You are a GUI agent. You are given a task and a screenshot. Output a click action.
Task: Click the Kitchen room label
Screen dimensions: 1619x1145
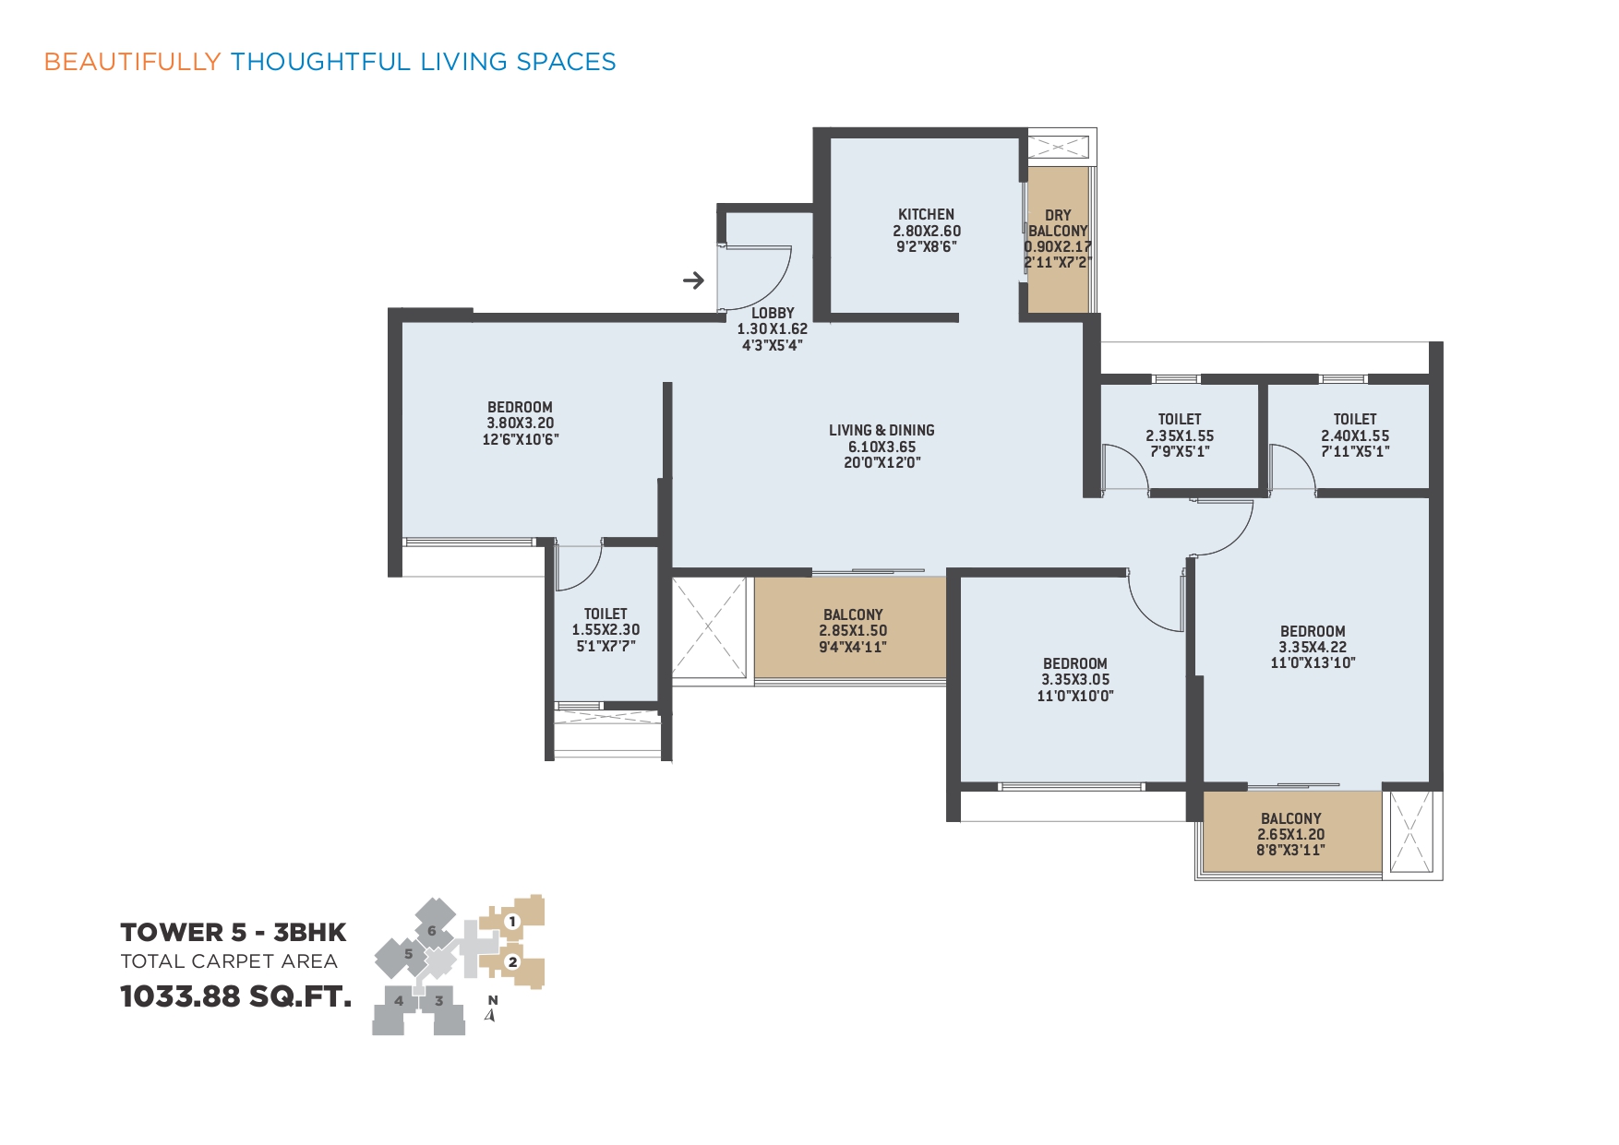(x=926, y=214)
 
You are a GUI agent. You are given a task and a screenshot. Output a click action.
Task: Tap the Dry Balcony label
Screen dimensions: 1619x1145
(x=1058, y=222)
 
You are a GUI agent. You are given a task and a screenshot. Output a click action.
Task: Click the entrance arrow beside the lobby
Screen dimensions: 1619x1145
(x=693, y=280)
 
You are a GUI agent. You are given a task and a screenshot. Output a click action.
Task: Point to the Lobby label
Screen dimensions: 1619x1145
(x=773, y=313)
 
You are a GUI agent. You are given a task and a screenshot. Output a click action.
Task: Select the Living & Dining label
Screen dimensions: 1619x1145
(x=881, y=430)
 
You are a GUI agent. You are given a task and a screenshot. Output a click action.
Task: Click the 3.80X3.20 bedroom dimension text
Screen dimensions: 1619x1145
(x=521, y=423)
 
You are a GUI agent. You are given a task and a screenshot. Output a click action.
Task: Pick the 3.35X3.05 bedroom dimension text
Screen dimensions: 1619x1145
(x=1075, y=679)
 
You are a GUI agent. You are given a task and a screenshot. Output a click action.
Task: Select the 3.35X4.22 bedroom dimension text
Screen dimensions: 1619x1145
(x=1313, y=647)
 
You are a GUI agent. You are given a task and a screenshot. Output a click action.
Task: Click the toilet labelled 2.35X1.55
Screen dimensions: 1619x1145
(x=1180, y=435)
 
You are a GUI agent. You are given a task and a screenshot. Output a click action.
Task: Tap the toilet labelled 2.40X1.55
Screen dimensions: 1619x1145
(x=1355, y=435)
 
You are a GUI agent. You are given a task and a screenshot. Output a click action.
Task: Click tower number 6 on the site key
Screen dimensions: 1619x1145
(x=431, y=931)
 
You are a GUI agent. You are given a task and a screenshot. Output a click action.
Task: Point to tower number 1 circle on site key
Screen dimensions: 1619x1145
(x=512, y=921)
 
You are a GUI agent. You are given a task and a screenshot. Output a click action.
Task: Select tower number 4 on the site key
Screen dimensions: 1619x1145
(x=399, y=1000)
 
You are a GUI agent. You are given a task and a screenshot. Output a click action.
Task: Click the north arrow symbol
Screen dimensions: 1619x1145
(x=491, y=1015)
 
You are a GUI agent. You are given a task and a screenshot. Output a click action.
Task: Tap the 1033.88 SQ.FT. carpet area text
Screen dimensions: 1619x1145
(x=236, y=996)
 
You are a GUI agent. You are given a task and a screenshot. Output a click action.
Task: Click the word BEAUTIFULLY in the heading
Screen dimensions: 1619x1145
(x=133, y=62)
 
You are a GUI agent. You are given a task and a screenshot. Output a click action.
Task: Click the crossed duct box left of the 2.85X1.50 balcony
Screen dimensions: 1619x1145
(x=709, y=627)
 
